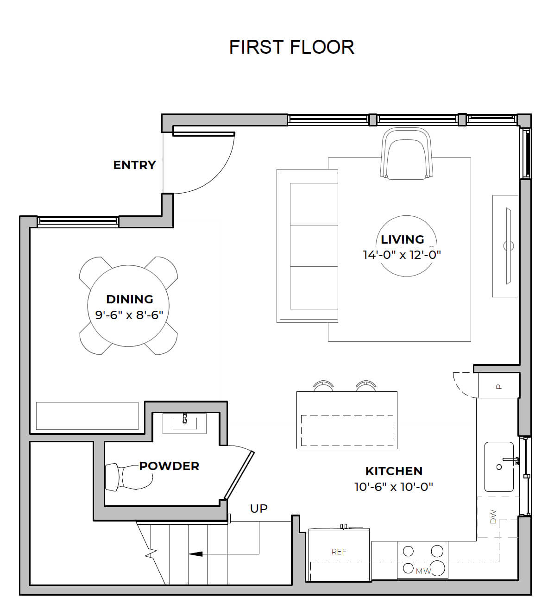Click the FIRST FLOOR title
click(292, 47)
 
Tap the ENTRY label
click(135, 165)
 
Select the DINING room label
click(130, 299)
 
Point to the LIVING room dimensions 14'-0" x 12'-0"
click(402, 255)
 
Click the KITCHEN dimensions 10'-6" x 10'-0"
click(394, 487)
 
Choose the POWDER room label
click(169, 466)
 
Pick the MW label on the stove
click(423, 572)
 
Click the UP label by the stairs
click(259, 509)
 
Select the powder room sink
click(184, 423)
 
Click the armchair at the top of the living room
click(406, 153)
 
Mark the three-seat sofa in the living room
click(307, 245)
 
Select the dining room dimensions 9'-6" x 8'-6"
click(129, 315)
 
